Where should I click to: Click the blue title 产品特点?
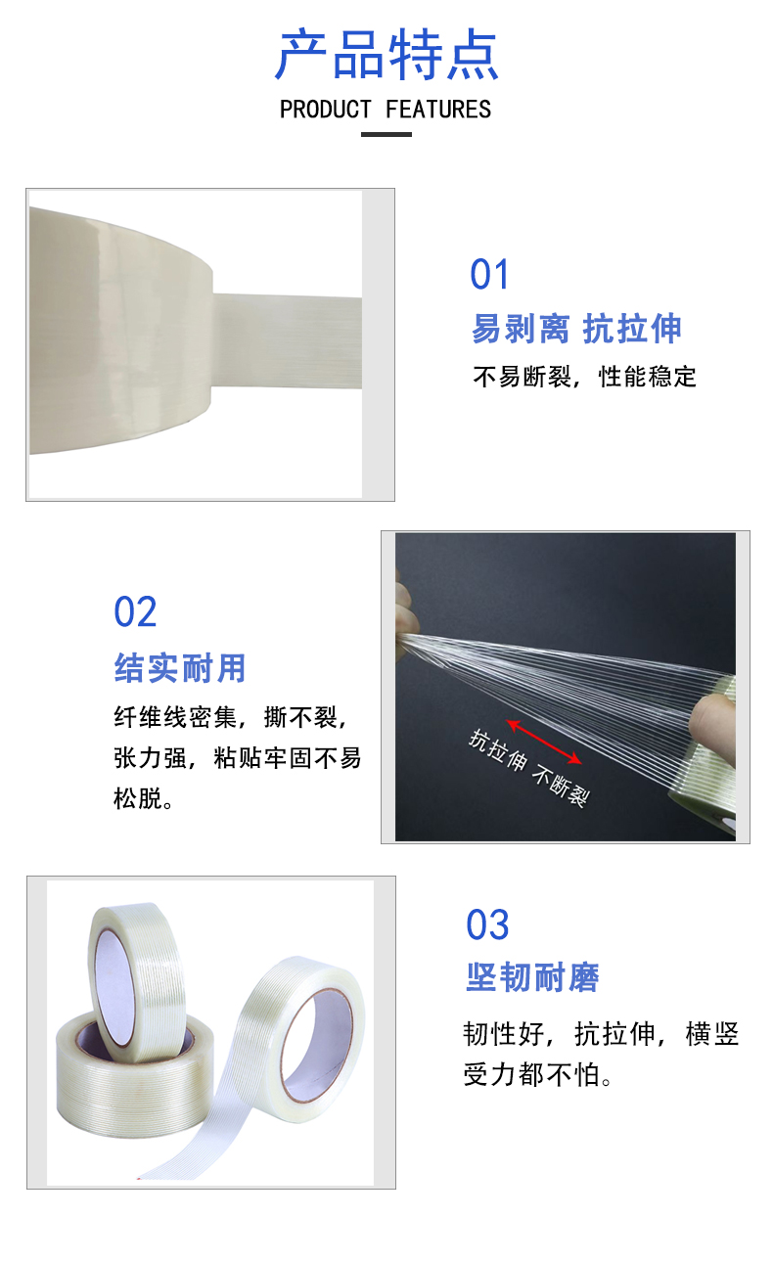click(x=386, y=55)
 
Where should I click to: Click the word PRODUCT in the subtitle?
click(x=326, y=110)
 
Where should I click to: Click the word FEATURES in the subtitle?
click(x=438, y=110)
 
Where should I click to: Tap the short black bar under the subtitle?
click(x=386, y=135)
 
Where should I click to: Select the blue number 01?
click(x=489, y=275)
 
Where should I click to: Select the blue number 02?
click(x=135, y=611)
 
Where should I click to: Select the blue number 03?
click(x=487, y=924)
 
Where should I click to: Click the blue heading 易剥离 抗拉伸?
click(x=576, y=329)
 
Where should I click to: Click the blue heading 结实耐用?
click(x=180, y=668)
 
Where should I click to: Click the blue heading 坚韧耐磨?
click(x=532, y=977)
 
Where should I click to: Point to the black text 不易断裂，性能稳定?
click(x=585, y=377)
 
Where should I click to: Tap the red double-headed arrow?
click(x=544, y=742)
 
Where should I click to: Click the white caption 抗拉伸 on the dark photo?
click(x=498, y=749)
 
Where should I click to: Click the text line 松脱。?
click(x=143, y=798)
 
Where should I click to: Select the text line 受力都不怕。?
click(x=537, y=1075)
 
